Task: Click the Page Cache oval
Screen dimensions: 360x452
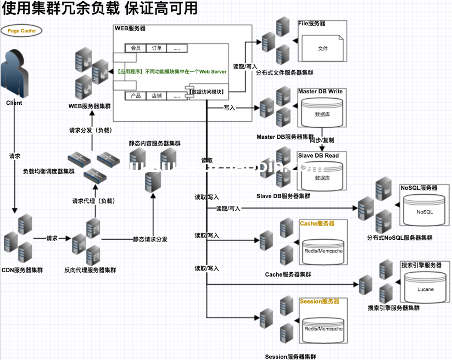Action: coord(21,31)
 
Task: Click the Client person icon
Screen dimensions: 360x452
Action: coord(14,74)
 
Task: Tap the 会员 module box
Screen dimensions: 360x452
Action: coord(136,48)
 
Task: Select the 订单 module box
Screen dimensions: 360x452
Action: coord(157,48)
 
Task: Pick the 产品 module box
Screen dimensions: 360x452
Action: coord(136,95)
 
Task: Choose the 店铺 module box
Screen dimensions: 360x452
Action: coord(157,95)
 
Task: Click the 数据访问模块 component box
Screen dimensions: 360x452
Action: coord(207,92)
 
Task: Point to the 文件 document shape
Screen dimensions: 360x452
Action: coord(322,48)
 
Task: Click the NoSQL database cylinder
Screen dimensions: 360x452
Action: coord(425,211)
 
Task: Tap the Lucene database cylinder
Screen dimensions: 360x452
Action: coord(425,289)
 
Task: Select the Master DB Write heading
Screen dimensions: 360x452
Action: coord(320,92)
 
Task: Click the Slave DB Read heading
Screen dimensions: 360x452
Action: coord(319,156)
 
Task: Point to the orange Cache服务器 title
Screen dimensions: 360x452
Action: coord(317,223)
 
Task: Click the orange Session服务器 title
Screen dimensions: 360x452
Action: coord(319,301)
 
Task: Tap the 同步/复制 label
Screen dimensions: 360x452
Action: coord(321,140)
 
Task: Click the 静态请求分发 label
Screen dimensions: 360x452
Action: coord(150,239)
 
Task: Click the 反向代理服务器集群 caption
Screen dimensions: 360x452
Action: coord(90,270)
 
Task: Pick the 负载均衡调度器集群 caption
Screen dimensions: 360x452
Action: coord(49,171)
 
